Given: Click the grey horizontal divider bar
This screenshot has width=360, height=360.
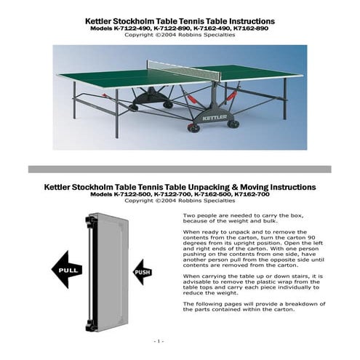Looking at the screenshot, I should tap(180, 169).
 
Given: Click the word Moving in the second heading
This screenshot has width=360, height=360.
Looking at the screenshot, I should tap(252, 187).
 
